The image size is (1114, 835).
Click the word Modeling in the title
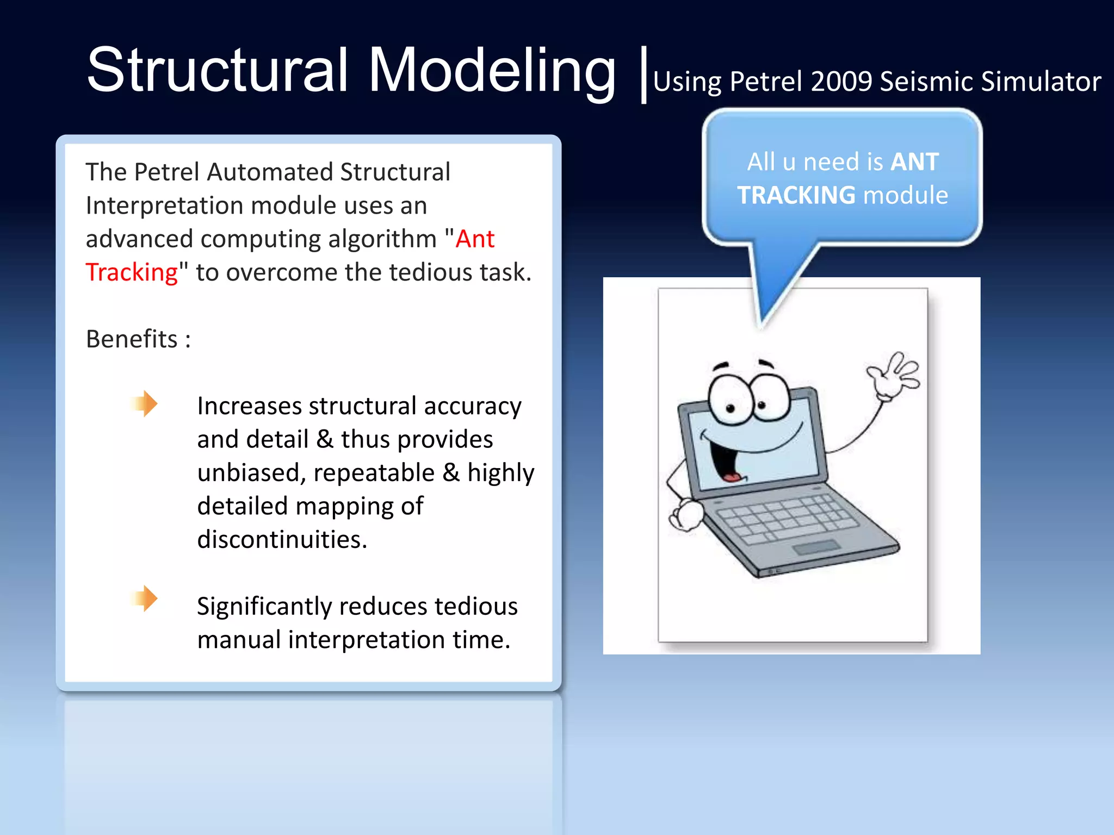tap(492, 71)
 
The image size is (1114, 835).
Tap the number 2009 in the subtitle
tap(841, 82)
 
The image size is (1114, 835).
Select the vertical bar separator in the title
tap(643, 74)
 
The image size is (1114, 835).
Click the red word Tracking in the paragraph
tap(132, 272)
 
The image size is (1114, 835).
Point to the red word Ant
tap(475, 239)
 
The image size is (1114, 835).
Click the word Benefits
tap(132, 339)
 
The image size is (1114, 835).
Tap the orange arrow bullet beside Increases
tap(144, 403)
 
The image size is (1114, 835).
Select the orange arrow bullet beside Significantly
tap(144, 599)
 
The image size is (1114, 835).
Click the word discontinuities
tap(282, 539)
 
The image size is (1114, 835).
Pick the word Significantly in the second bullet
tap(264, 606)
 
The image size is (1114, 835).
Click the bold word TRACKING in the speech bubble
tap(796, 195)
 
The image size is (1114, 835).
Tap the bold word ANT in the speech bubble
tap(914, 161)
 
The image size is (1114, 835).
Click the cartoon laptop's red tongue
tap(732, 477)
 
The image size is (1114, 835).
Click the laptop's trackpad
tap(816, 547)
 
